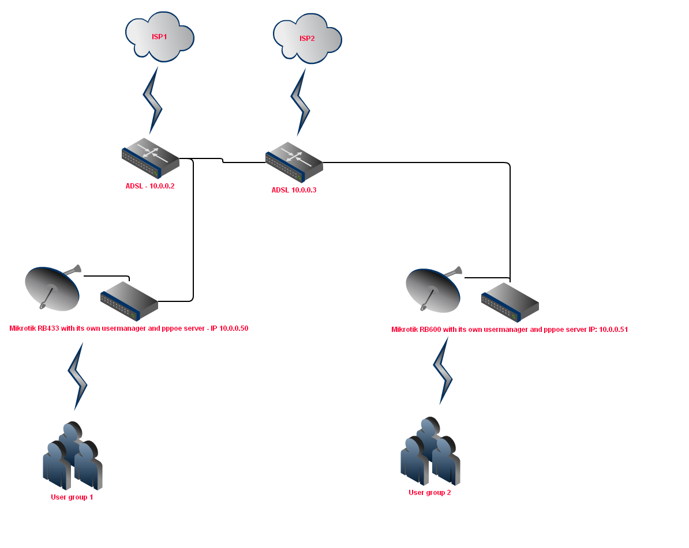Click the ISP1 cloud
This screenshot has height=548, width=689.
click(x=160, y=37)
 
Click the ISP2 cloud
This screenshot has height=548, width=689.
click(x=307, y=39)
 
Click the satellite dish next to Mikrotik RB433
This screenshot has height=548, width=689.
click(x=53, y=288)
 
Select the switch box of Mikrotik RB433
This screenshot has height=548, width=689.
click(x=129, y=300)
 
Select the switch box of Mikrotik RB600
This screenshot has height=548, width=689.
click(x=510, y=301)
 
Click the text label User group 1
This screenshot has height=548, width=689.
click(x=72, y=497)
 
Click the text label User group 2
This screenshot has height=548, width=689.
click(x=430, y=493)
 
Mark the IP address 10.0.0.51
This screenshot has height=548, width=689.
click(x=613, y=330)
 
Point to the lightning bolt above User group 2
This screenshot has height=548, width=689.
click(x=443, y=371)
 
